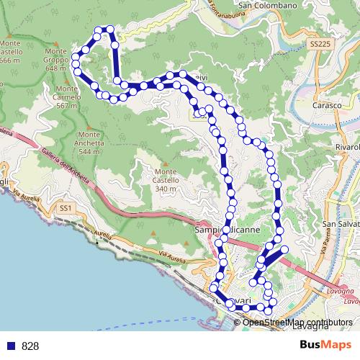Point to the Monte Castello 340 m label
pos(165,180)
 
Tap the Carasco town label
pos(326,105)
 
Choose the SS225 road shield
pos(321,45)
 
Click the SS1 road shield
pos(66,208)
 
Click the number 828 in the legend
pos(30,346)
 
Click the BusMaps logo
pos(325,345)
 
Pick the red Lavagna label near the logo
pos(342,291)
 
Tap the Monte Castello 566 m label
pos(9,53)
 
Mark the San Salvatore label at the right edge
pos(343,224)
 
